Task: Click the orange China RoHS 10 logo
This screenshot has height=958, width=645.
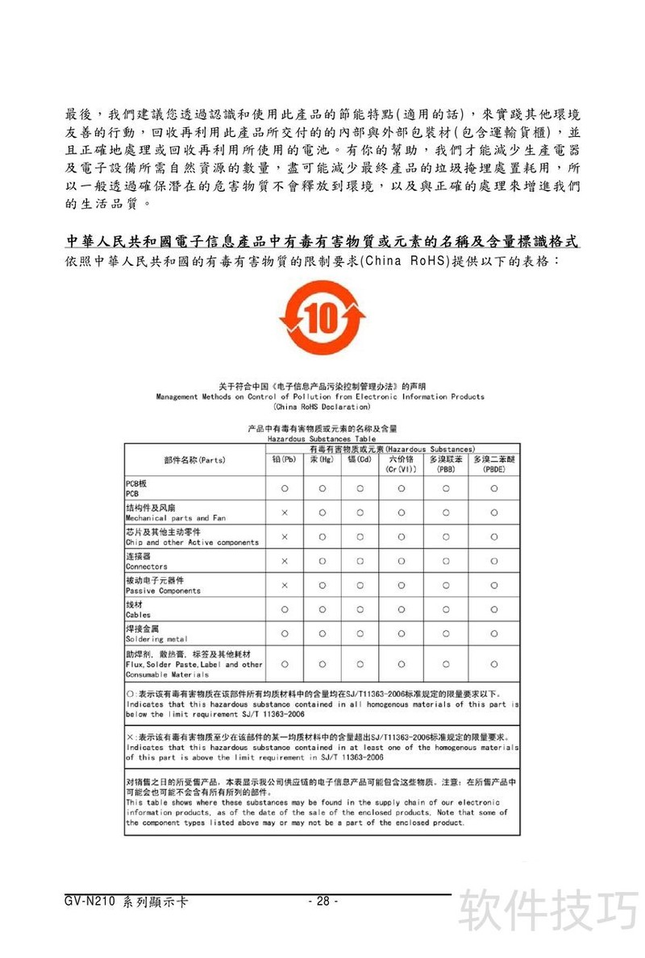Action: pos(322,317)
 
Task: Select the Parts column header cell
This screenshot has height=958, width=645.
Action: pos(194,460)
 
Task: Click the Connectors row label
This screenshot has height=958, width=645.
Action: pos(146,566)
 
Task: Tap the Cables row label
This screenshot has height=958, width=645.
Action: pos(138,615)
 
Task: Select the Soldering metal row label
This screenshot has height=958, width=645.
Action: pos(156,639)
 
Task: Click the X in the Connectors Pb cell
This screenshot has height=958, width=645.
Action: pos(285,561)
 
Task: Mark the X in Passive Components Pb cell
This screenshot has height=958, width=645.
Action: pos(285,585)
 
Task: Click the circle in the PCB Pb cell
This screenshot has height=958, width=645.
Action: pos(285,488)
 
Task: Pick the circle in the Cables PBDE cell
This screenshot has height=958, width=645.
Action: pos(493,609)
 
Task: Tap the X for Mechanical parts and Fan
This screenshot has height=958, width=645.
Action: pos(285,512)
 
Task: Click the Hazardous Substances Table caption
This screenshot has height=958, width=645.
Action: pos(322,438)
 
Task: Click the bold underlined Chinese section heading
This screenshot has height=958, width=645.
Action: pos(322,242)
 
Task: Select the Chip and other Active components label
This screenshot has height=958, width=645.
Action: pos(192,542)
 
